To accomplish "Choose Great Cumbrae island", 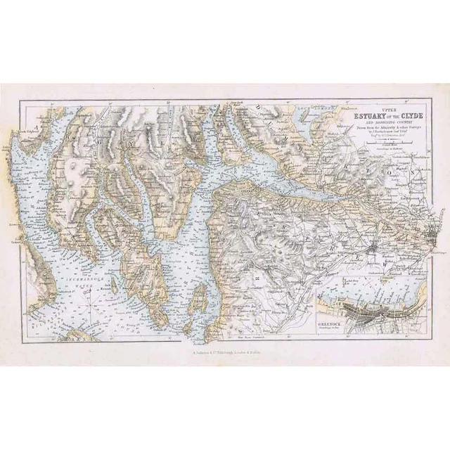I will [200, 293].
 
